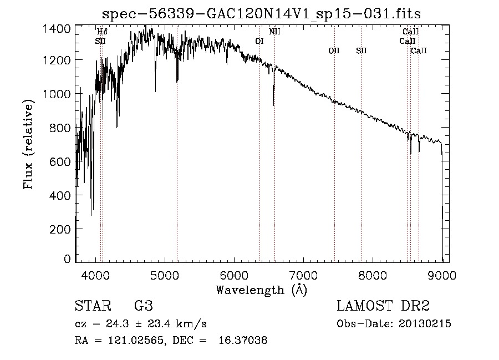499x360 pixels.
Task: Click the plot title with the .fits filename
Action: pyautogui.click(x=261, y=14)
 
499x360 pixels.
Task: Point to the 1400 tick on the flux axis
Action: pyautogui.click(x=57, y=29)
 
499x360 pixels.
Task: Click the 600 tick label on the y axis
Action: pyautogui.click(x=60, y=161)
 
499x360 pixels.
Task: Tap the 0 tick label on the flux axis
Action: pyautogui.click(x=67, y=258)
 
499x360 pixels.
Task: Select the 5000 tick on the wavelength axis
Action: pyautogui.click(x=165, y=275)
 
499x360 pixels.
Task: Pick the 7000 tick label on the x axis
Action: pyautogui.click(x=303, y=275)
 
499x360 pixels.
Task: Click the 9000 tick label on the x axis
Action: pyautogui.click(x=442, y=275)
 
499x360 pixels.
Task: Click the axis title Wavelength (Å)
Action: pyautogui.click(x=262, y=290)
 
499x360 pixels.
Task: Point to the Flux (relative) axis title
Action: pyautogui.click(x=28, y=144)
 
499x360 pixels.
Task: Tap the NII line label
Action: pyautogui.click(x=274, y=32)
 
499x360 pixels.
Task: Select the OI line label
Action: pyautogui.click(x=259, y=41)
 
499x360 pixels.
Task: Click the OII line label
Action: pyautogui.click(x=334, y=50)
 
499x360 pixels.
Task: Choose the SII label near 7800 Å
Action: pyautogui.click(x=361, y=50)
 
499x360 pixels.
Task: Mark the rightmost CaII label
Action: pyautogui.click(x=419, y=50)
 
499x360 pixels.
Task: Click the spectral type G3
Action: pyautogui.click(x=144, y=306)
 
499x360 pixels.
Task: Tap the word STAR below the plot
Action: pyautogui.click(x=93, y=306)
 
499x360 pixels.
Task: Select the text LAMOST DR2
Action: pyautogui.click(x=383, y=306)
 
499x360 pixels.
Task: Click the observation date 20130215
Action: pyautogui.click(x=425, y=324)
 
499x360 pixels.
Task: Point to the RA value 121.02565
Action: pyautogui.click(x=136, y=340)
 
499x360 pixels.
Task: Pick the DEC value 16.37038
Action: pyautogui.click(x=243, y=340)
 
